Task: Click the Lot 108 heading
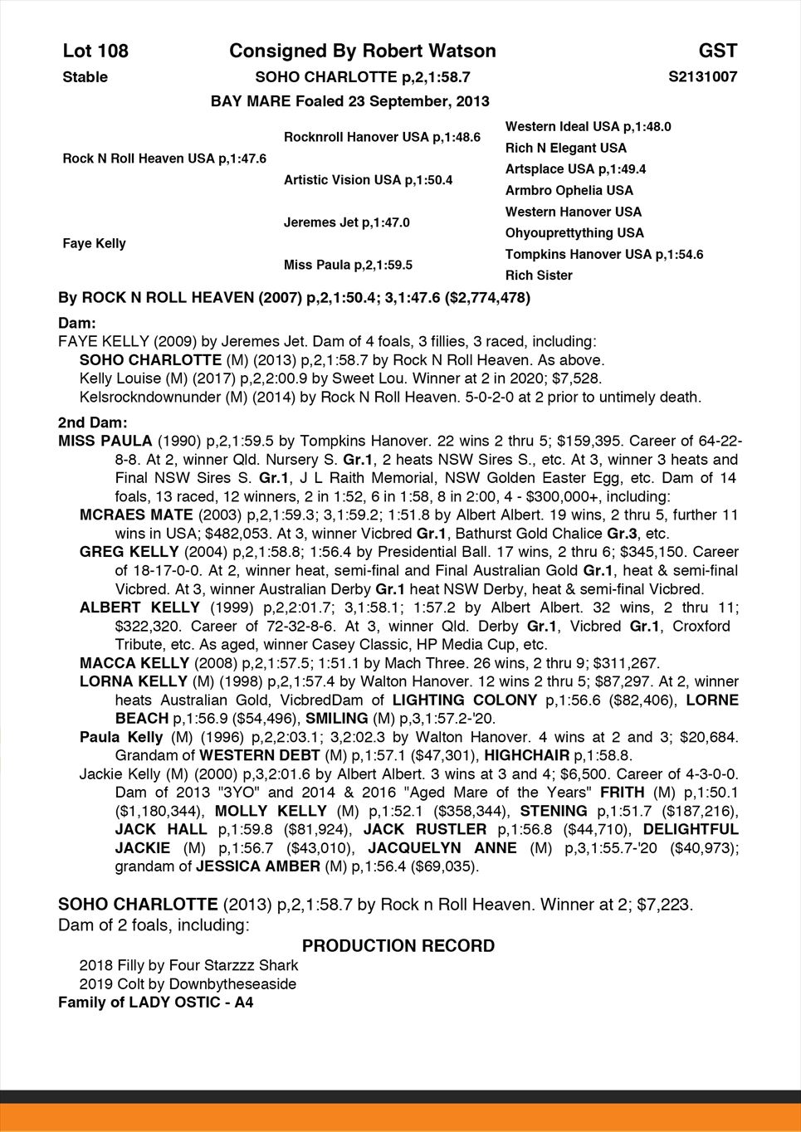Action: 95,51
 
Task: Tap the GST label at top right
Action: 717,51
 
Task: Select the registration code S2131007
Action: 702,77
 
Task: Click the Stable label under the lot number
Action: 85,77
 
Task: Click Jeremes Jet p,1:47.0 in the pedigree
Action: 346,222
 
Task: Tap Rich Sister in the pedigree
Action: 539,276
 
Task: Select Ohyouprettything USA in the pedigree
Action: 574,233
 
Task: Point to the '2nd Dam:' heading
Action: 93,422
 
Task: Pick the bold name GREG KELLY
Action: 129,552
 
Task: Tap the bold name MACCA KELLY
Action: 134,663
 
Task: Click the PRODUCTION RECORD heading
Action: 398,946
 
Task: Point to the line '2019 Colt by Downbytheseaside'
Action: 188,984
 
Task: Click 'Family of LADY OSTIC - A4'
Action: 155,1003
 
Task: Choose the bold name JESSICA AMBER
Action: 257,866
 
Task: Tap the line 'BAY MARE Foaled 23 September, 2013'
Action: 349,101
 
